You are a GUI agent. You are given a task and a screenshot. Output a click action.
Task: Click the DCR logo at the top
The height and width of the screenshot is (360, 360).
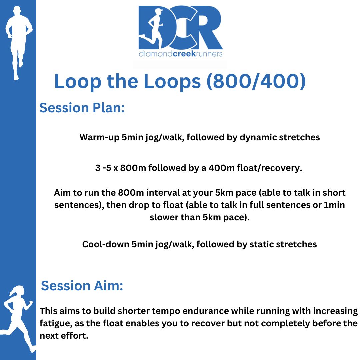point(180,31)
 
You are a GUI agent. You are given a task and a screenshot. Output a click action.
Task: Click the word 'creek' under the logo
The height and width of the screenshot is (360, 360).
point(184,54)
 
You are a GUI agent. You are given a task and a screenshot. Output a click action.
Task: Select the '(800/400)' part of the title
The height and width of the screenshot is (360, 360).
point(256,81)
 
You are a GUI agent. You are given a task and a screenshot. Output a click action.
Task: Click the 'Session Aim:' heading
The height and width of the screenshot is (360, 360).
point(82,286)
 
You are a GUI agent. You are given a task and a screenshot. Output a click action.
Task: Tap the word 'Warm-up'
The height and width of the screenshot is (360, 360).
point(99,137)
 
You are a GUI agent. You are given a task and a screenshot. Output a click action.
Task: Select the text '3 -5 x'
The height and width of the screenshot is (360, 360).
point(107,168)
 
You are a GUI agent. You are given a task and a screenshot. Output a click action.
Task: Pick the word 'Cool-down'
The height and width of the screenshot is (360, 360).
point(106,244)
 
